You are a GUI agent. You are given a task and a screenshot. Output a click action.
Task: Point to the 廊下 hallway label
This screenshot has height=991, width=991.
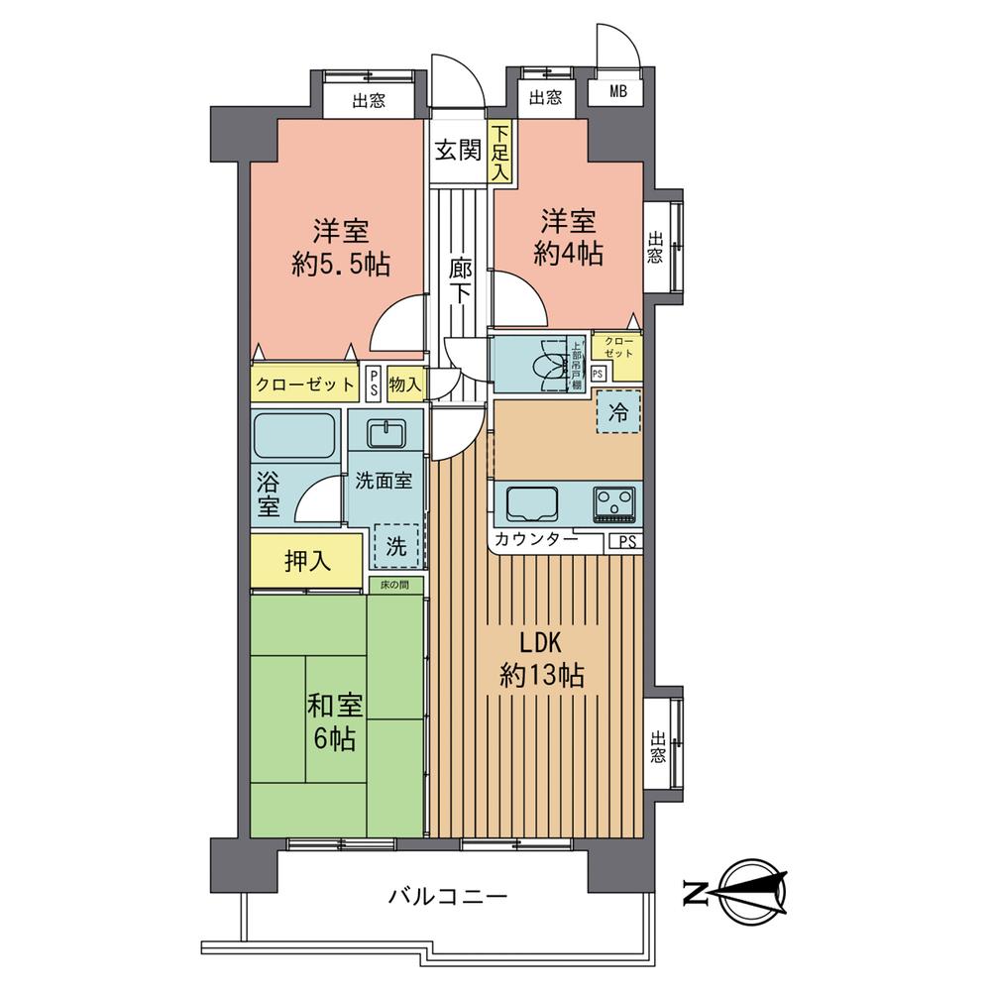click(x=458, y=281)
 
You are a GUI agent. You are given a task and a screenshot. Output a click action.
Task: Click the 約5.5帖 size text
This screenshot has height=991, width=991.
click(x=341, y=264)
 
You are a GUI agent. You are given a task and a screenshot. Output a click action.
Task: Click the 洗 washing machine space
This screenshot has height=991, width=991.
click(x=395, y=544)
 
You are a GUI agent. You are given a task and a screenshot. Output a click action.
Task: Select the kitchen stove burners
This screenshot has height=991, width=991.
click(x=615, y=503)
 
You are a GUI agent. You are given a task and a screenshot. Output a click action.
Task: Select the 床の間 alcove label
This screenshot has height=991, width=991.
click(x=396, y=586)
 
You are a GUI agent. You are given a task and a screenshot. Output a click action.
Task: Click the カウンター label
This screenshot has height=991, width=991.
click(x=535, y=540)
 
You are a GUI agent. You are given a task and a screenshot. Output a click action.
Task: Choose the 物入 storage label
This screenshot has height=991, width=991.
click(x=404, y=384)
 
